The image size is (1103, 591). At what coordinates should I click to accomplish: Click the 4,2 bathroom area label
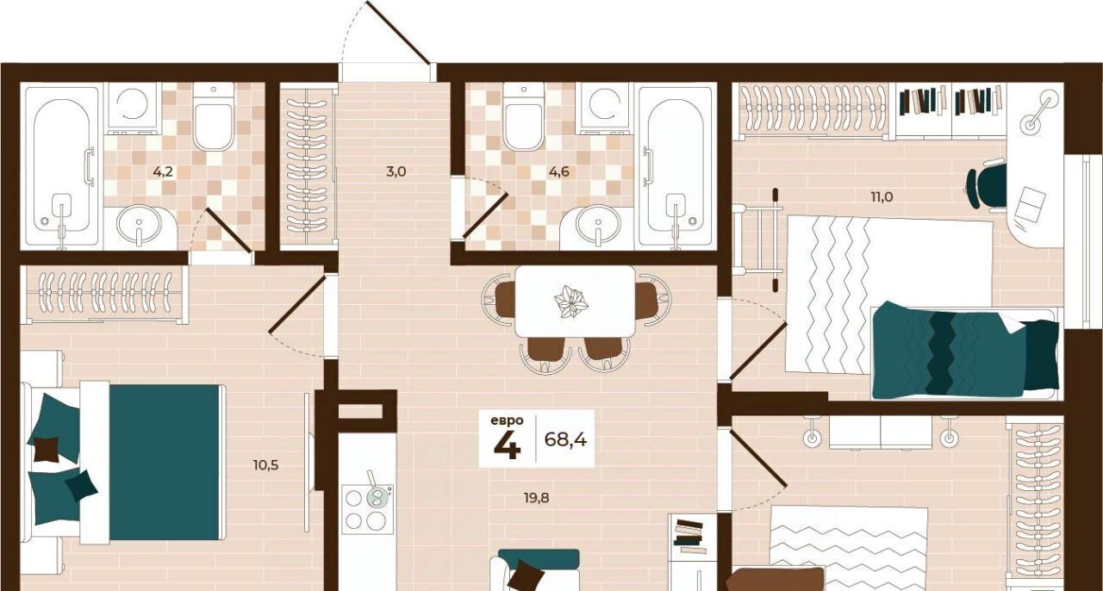[x=163, y=172]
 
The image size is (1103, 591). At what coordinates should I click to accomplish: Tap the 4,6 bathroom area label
[x=559, y=172]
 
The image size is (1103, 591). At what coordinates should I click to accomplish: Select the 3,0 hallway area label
[x=396, y=172]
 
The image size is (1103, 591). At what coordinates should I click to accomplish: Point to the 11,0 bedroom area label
[x=882, y=197]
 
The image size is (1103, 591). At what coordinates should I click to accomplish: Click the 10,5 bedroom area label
[x=266, y=465]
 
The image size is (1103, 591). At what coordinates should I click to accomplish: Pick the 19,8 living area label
[x=536, y=498]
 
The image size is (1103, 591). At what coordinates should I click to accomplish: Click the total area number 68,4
[x=565, y=439]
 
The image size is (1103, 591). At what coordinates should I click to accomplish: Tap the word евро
[x=507, y=420]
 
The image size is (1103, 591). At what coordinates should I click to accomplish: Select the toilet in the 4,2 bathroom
[x=213, y=116]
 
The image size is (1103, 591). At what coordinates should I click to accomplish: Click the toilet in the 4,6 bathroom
[x=523, y=116]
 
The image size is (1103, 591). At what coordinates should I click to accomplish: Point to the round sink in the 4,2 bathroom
[x=140, y=224]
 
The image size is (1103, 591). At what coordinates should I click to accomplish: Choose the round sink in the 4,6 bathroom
[x=598, y=224]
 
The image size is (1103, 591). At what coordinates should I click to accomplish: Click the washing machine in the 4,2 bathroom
[x=133, y=109]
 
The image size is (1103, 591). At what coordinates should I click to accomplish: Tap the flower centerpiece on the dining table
[x=571, y=302]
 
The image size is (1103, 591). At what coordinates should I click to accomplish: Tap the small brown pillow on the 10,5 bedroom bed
[x=47, y=449]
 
